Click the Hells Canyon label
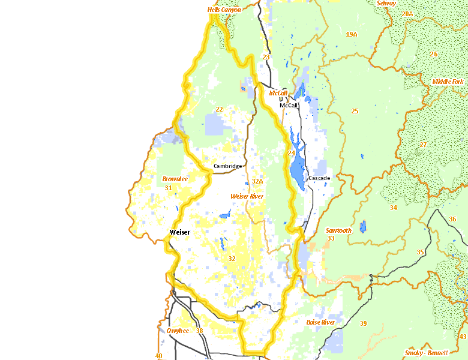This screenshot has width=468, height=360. click(x=224, y=10)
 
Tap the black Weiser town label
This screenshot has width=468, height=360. click(x=180, y=232)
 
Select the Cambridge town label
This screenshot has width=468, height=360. click(x=227, y=166)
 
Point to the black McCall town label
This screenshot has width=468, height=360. click(x=289, y=105)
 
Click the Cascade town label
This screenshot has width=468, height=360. click(x=319, y=178)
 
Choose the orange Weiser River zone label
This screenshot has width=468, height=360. click(x=247, y=196)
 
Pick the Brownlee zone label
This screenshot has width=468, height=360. click(x=175, y=179)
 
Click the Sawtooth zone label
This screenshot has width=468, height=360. click(x=338, y=230)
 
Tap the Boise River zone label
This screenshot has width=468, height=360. click(x=320, y=322)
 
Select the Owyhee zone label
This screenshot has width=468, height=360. click(x=178, y=331)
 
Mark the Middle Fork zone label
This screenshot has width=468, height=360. click(x=448, y=81)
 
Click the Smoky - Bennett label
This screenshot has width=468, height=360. click(x=426, y=352)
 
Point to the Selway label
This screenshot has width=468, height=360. click(x=386, y=3)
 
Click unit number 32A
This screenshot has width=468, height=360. click(x=258, y=181)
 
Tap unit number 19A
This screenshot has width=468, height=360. click(x=352, y=34)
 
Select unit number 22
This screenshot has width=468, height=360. click(x=219, y=109)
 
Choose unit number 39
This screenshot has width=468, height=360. click(x=363, y=324)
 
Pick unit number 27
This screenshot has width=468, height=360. click(x=423, y=145)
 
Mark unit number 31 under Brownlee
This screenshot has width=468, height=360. click(x=169, y=188)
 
